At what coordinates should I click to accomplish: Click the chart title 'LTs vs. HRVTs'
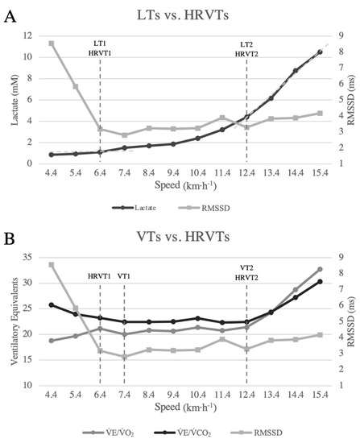click(x=181, y=14)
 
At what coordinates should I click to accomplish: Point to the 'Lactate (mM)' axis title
click(x=11, y=101)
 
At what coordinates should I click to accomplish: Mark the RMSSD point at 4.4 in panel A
click(x=51, y=43)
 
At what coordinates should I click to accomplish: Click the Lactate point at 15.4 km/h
click(x=320, y=52)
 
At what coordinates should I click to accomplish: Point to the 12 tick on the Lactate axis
click(x=28, y=36)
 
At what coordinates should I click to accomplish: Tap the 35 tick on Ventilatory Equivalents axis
click(x=28, y=258)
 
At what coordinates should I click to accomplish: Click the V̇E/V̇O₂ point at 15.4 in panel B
click(x=320, y=269)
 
